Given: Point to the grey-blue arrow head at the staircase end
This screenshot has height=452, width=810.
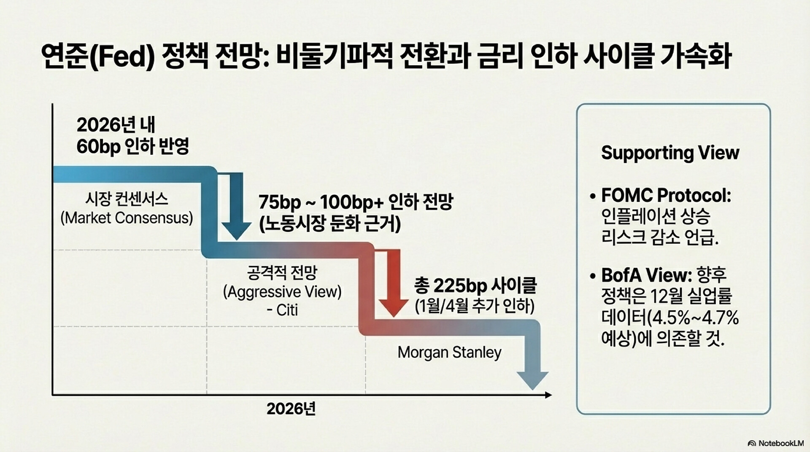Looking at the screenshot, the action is pos(533,379).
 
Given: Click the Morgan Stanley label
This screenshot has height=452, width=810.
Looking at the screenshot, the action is pos(449,352).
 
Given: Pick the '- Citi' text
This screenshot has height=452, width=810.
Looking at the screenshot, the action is pos(282,310).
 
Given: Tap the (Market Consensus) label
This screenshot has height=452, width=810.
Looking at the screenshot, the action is pos(127,218).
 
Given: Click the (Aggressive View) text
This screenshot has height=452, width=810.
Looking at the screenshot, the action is pos(282,292).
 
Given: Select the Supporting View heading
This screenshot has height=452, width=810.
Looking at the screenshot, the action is pos(670,153).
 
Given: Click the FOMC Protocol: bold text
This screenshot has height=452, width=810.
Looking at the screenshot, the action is pos(666,195).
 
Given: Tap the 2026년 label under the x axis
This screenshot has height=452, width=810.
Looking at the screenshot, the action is pos(291,409).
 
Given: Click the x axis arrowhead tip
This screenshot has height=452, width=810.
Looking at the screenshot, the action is pos(551,395).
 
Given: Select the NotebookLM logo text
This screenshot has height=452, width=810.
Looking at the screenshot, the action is pos(781,443).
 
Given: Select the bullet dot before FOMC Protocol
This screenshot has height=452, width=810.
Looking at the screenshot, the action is pos(593,196).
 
